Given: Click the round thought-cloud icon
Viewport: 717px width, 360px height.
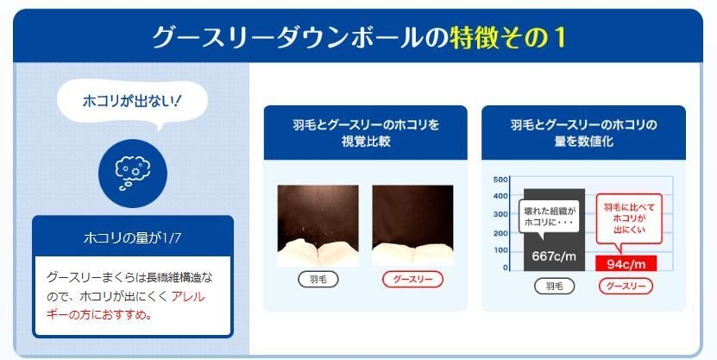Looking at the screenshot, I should click(132, 169).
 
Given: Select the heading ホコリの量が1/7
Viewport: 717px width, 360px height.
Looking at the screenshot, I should click(132, 236).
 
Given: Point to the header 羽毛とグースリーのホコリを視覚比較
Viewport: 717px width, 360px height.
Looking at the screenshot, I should click(365, 132).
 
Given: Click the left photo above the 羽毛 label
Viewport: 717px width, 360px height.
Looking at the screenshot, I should click(318, 224).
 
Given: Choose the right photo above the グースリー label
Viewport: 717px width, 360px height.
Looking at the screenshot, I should click(412, 224).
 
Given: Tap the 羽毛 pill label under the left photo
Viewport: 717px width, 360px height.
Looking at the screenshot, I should click(318, 279).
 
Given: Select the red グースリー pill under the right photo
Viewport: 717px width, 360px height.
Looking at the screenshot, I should click(412, 279).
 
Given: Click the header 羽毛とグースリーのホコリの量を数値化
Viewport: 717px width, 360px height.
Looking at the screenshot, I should click(583, 132).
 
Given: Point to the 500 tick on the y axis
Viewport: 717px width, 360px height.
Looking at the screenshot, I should click(501, 180).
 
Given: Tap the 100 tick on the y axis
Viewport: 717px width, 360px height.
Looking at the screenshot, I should click(501, 250).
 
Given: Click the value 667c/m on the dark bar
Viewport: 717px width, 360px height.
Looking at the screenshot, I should click(554, 256).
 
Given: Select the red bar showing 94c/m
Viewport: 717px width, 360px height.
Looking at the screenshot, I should click(627, 263).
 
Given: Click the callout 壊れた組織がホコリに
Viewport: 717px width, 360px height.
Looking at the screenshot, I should click(548, 217).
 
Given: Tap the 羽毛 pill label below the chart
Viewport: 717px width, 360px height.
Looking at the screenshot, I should click(554, 287).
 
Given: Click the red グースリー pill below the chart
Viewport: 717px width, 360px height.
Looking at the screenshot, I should click(627, 287).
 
